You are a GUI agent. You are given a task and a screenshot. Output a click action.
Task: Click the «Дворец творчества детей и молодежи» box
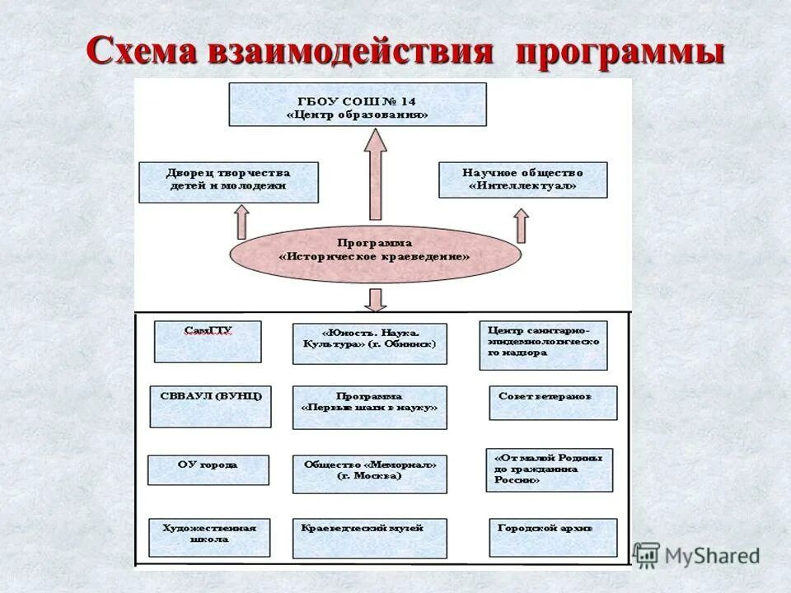(228, 182)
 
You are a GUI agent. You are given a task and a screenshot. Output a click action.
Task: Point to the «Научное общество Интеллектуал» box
(522, 180)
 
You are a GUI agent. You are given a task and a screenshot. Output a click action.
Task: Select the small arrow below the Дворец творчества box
(241, 221)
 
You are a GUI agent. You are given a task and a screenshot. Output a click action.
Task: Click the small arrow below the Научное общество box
(521, 223)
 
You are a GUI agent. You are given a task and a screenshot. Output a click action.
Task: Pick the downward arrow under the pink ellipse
(376, 299)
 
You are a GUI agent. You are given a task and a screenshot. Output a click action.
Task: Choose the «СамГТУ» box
(208, 341)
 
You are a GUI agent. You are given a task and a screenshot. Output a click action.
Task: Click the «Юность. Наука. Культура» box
(369, 343)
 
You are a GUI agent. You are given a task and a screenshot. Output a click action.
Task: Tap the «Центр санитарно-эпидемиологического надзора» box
(543, 345)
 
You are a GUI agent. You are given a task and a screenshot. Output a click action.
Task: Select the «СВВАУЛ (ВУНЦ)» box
(210, 406)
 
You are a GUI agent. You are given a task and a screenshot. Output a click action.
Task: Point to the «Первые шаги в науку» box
(369, 407)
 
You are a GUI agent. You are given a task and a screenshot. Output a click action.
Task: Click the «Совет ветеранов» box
(552, 403)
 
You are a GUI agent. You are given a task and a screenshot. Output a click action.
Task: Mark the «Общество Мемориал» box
(369, 474)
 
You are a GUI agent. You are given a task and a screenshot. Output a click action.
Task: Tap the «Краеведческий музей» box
(369, 538)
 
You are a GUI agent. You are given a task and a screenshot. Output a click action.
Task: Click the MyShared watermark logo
(697, 555)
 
